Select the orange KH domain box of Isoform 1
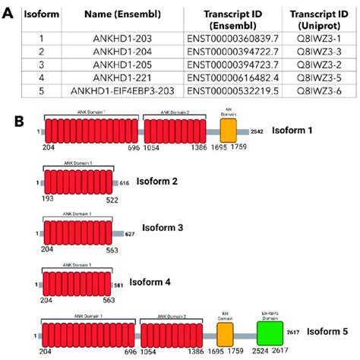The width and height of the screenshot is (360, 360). tap(228, 132)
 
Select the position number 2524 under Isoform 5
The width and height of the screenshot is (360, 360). tap(260, 352)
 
